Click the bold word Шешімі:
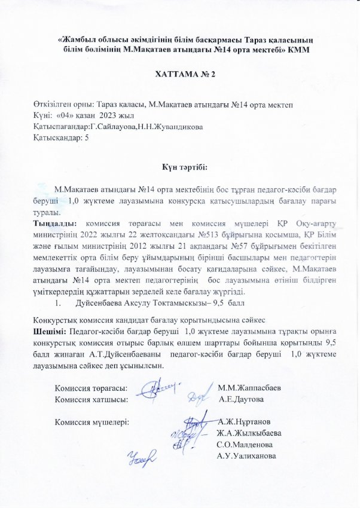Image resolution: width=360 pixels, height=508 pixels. pos(50,330)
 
